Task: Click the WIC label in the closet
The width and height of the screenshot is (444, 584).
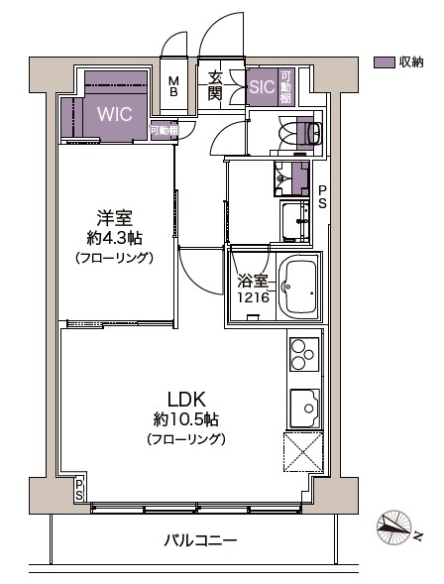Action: coord(113,113)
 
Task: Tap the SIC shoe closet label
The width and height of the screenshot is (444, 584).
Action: coord(261,88)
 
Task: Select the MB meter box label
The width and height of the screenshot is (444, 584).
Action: coord(173,87)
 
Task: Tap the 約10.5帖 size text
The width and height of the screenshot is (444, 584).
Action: coord(185,418)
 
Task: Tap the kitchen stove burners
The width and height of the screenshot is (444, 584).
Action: coord(302,356)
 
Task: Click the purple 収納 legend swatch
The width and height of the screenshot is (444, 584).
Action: coord(384,61)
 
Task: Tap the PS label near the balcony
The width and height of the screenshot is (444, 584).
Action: coord(79,489)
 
